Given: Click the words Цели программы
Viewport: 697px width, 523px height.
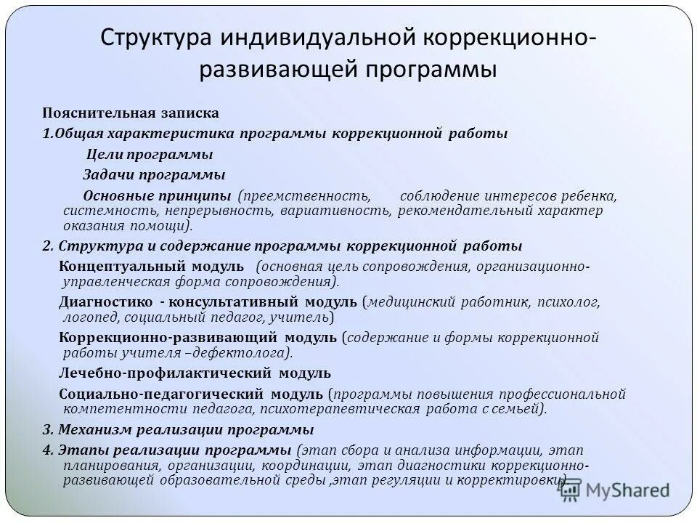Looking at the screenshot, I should (x=150, y=154).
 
